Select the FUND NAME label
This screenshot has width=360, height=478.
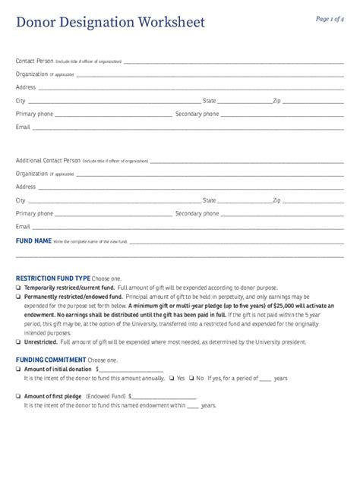tap(33, 241)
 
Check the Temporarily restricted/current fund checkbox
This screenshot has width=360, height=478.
tap(18, 288)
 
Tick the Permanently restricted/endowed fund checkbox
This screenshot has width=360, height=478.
tap(18, 297)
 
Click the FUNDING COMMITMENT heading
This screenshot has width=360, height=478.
tap(51, 360)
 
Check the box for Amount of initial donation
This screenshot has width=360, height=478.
tap(18, 369)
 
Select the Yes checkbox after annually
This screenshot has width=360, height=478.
tap(172, 378)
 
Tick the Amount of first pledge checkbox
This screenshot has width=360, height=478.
tap(18, 396)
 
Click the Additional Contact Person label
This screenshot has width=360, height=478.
tap(48, 161)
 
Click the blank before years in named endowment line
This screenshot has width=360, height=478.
tap(192, 405)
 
